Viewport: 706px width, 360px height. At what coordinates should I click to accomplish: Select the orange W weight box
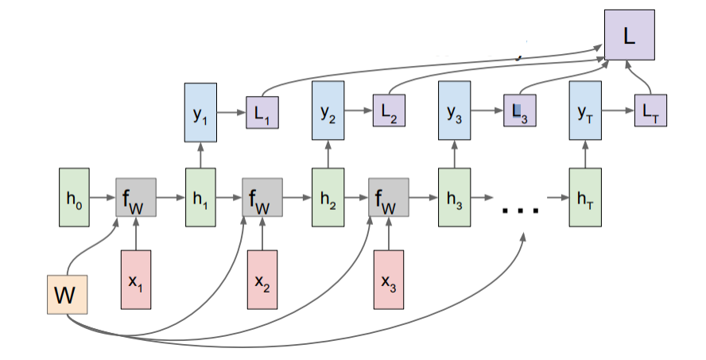point(66,296)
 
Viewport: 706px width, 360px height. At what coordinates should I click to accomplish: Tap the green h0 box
point(73,196)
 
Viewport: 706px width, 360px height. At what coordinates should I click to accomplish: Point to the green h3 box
point(454,196)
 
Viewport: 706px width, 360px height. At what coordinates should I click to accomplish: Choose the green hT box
point(584,196)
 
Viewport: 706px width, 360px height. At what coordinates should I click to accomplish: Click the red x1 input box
point(135,280)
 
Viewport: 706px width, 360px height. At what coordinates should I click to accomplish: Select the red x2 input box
point(262,280)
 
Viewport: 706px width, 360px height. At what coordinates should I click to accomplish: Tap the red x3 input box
point(389,280)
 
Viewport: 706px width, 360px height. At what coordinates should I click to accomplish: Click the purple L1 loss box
point(262,111)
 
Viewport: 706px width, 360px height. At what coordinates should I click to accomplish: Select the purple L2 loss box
point(390,111)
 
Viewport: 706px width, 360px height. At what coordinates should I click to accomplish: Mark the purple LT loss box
point(650,111)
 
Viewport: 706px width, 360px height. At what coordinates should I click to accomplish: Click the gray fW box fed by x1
point(136,196)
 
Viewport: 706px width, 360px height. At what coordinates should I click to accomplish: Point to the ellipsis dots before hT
point(520,210)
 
